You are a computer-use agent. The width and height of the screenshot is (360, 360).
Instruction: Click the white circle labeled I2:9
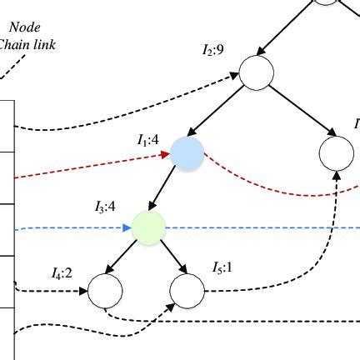pos(256,72)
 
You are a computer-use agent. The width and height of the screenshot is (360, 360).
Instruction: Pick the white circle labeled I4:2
pos(105,290)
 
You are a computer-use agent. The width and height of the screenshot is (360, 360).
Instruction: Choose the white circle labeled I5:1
pos(187,290)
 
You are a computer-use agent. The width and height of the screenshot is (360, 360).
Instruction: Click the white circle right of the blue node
pos(338,152)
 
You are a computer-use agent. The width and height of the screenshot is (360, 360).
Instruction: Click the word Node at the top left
pos(37,26)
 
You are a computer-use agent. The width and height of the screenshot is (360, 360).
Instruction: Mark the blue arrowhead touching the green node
pos(127,227)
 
